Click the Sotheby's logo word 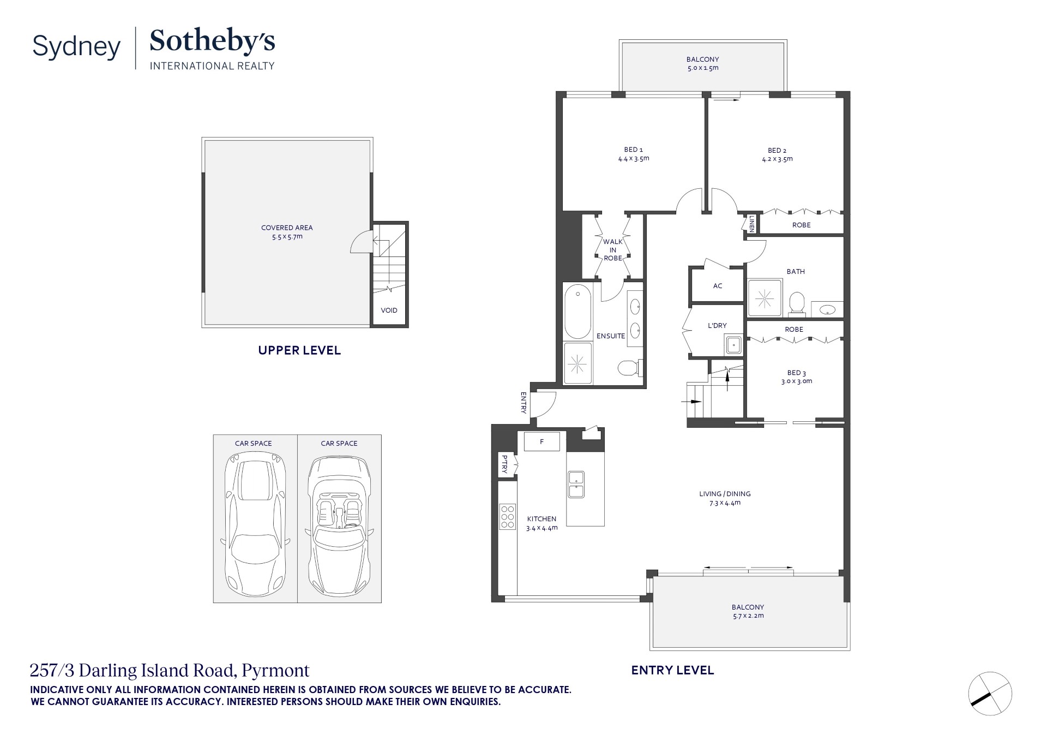[212, 41]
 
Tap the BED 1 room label [633, 150]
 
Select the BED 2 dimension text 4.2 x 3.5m [777, 159]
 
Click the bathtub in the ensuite [577, 312]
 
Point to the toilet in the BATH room [797, 303]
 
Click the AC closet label [718, 286]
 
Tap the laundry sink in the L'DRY [733, 345]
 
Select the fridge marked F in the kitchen [541, 441]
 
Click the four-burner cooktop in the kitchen [507, 517]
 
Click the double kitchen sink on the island [576, 484]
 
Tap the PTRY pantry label [504, 464]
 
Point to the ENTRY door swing [544, 404]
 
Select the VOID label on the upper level [389, 311]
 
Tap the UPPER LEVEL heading [299, 350]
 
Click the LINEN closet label [751, 224]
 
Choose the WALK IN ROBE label [613, 250]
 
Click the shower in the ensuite [577, 362]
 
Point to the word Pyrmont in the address [275, 670]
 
